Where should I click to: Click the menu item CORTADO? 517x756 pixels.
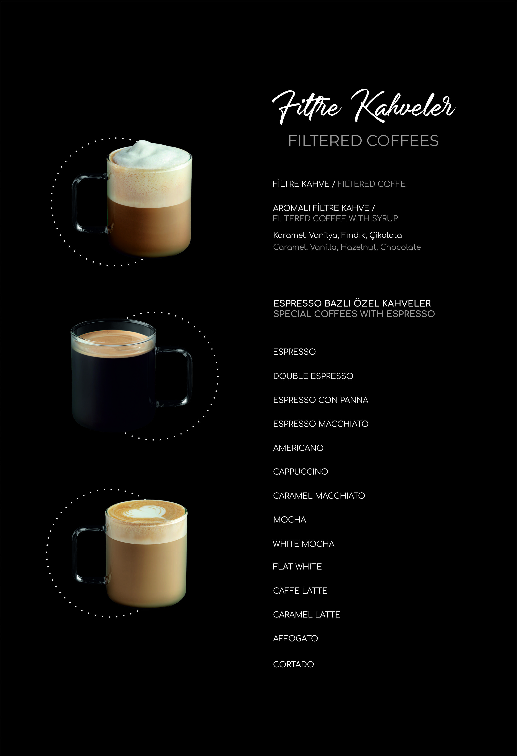293,664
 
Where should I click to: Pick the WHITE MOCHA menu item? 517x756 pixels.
303,544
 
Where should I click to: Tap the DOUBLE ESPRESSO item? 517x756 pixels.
313,376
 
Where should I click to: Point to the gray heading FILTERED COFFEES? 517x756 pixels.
363,141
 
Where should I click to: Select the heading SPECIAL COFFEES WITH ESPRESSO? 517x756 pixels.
354,314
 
